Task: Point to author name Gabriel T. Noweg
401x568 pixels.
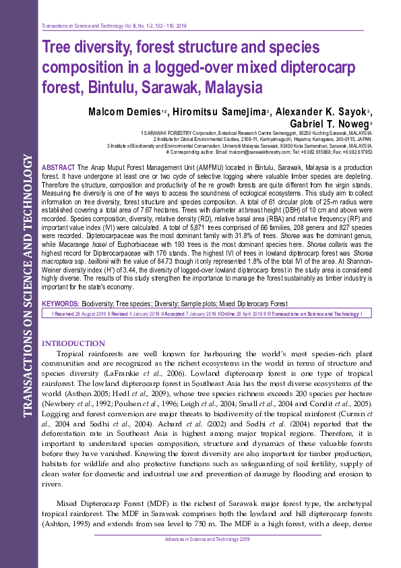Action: click(x=328, y=124)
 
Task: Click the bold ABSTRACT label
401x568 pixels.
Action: click(x=59, y=166)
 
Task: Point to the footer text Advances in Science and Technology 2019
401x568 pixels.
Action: click(x=208, y=539)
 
